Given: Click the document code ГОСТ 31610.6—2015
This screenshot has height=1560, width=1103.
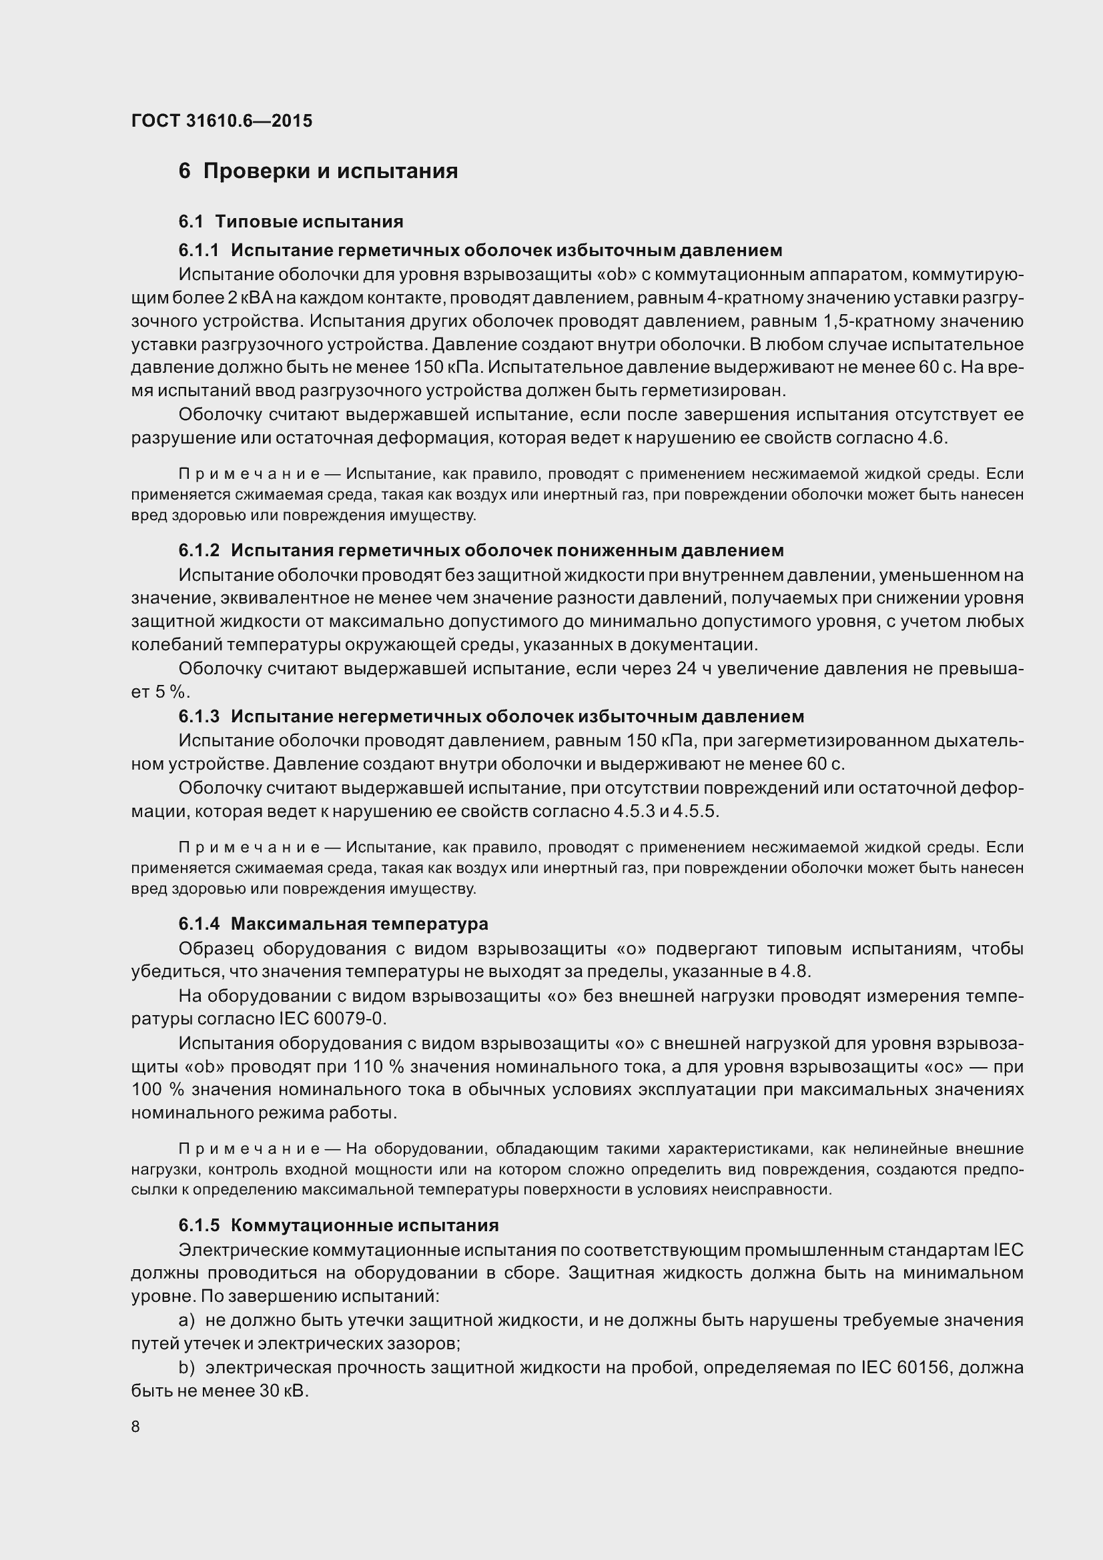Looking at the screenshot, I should pyautogui.click(x=222, y=121).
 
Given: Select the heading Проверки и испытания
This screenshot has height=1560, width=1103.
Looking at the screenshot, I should pyautogui.click(x=330, y=171).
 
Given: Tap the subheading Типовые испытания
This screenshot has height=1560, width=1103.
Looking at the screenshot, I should pyautogui.click(x=309, y=221).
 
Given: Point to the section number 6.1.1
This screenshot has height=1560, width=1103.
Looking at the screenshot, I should pyautogui.click(x=199, y=251).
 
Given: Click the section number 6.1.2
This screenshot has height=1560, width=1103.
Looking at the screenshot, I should pyautogui.click(x=199, y=550).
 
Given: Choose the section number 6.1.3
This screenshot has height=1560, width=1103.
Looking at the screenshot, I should pyautogui.click(x=199, y=716).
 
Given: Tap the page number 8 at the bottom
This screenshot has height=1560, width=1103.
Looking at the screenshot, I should pyautogui.click(x=135, y=1426).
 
